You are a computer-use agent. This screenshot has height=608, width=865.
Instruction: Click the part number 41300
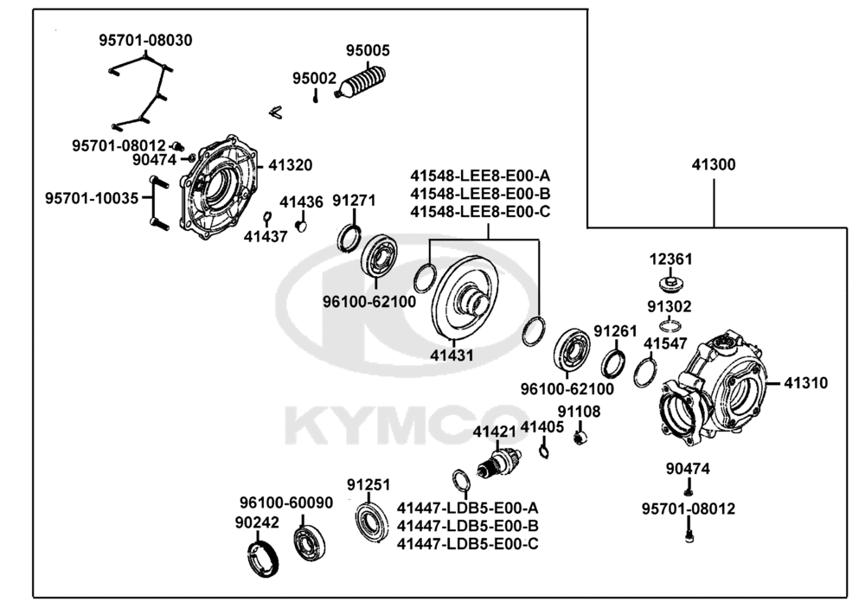tap(714, 164)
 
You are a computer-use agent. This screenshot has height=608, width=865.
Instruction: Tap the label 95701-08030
tap(145, 40)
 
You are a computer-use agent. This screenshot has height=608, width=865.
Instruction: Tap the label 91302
tap(670, 306)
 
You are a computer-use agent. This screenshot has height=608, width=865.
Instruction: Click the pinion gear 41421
tap(501, 462)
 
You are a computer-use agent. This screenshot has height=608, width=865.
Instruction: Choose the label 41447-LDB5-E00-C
tap(468, 543)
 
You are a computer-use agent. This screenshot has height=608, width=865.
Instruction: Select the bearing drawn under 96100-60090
tap(307, 541)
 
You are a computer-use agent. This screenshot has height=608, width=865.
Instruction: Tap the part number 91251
tap(368, 484)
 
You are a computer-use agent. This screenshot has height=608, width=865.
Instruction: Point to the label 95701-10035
tap(92, 198)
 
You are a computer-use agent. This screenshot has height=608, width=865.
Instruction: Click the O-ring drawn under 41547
tap(644, 374)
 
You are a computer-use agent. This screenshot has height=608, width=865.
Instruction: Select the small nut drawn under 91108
tap(580, 436)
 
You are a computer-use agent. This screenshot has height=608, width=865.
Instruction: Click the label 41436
tap(301, 202)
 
